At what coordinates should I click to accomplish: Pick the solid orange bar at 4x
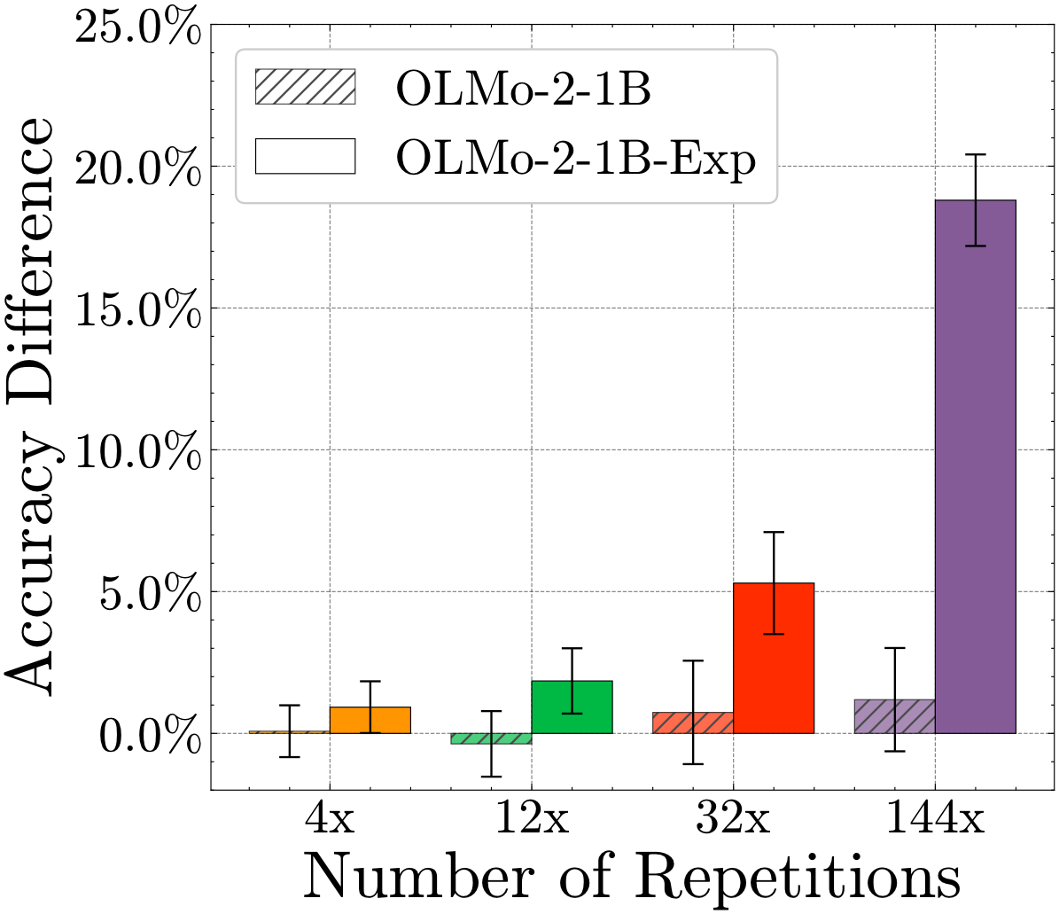click(x=370, y=720)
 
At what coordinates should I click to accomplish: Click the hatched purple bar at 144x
click(x=894, y=716)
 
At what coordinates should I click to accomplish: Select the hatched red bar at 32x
click(x=693, y=723)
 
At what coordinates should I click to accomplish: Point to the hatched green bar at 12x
click(x=491, y=738)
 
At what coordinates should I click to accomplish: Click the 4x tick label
click(x=330, y=819)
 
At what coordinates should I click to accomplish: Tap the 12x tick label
click(x=531, y=819)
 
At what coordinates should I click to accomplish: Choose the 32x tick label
click(x=733, y=819)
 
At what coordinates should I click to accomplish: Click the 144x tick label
click(x=934, y=819)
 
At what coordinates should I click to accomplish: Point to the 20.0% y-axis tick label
click(x=137, y=168)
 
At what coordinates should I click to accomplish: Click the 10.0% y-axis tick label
click(x=137, y=450)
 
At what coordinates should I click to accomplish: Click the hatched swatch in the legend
click(x=304, y=86)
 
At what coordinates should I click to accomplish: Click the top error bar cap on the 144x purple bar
click(x=975, y=154)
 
